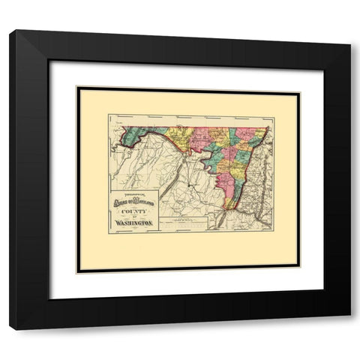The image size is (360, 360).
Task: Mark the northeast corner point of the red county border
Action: coord(268,126)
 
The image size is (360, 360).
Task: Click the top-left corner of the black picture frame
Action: coord(11,30)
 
